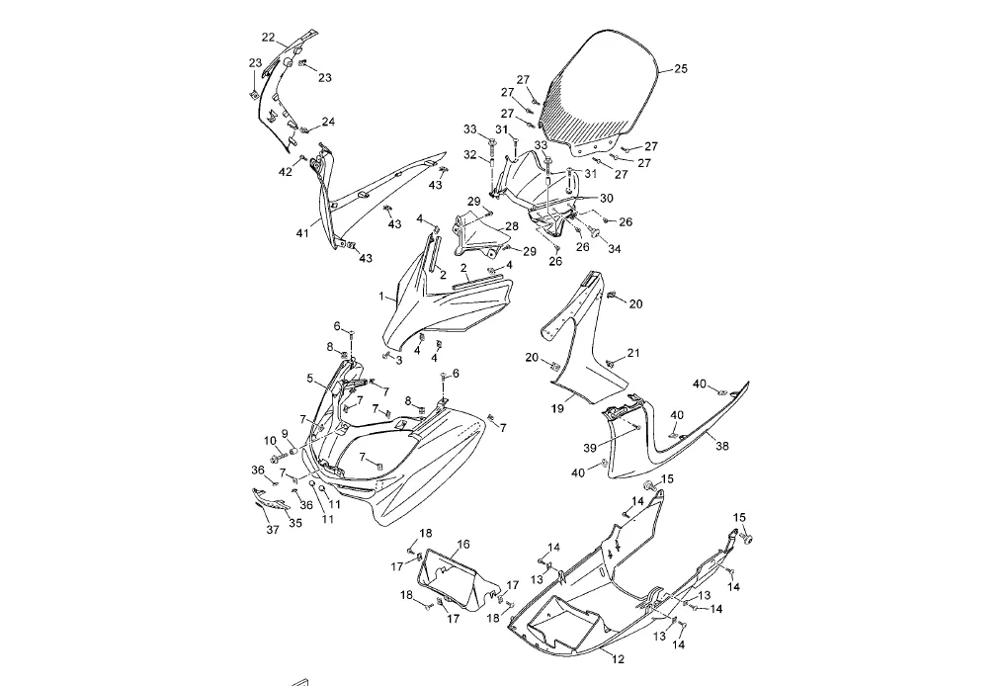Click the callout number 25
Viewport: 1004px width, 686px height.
click(680, 69)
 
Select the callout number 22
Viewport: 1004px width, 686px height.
click(268, 38)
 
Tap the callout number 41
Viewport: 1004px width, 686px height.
click(301, 234)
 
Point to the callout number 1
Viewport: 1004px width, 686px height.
click(381, 296)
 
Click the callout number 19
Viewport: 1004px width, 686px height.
click(309, 378)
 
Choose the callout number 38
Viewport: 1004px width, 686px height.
click(722, 446)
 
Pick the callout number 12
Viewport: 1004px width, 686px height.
click(618, 657)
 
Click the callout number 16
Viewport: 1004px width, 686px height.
click(463, 544)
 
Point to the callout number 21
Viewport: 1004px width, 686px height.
click(633, 353)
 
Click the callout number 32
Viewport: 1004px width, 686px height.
click(470, 154)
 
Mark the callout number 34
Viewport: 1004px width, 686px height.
click(614, 248)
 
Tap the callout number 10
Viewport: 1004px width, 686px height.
click(269, 440)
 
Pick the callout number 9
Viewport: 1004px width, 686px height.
click(285, 433)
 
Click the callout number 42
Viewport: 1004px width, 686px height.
click(285, 171)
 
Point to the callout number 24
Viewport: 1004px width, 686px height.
click(328, 123)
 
